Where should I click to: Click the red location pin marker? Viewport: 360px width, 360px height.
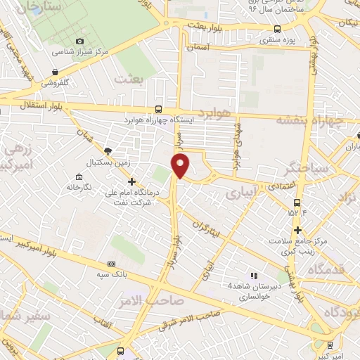[181, 167]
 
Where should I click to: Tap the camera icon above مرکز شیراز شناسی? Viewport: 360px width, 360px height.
[79, 42]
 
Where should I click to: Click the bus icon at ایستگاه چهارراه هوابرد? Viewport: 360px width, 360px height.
[158, 109]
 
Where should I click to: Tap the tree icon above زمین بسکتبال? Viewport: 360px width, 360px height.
[107, 150]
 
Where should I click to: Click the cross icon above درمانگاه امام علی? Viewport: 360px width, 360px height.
[131, 181]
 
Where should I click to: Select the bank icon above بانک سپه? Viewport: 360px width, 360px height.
[111, 263]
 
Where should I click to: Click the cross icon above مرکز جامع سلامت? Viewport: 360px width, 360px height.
[298, 230]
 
